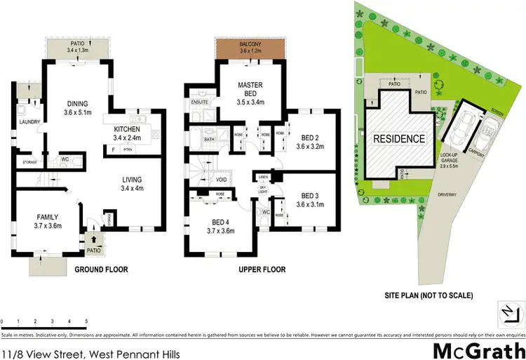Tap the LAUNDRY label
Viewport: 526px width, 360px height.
(29, 122)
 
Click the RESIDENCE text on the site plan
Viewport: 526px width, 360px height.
(398, 138)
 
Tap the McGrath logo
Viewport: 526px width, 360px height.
(478, 349)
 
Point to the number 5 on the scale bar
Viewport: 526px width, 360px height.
(86, 321)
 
